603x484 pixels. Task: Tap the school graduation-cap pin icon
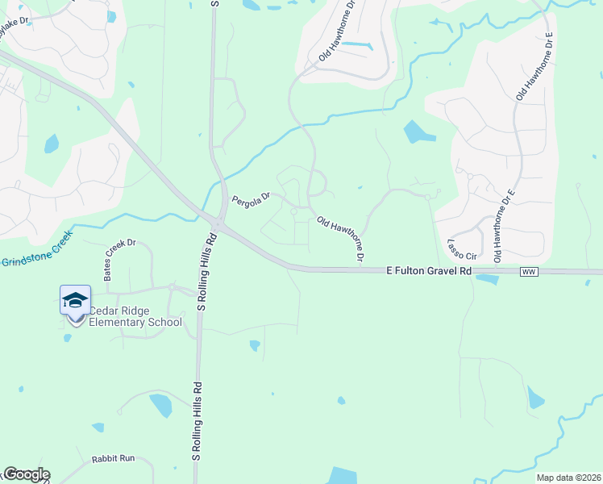coord(75,301)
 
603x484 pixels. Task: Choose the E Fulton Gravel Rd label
coord(428,272)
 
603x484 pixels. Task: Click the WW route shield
coord(529,272)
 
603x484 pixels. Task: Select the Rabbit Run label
coord(113,458)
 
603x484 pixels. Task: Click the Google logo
coord(27,474)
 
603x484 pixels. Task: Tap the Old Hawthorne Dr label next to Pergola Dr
coord(342,239)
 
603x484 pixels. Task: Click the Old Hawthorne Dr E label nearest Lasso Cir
coord(502,226)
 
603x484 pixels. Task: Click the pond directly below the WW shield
coord(487,279)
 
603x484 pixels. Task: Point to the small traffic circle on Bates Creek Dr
coord(173,287)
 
